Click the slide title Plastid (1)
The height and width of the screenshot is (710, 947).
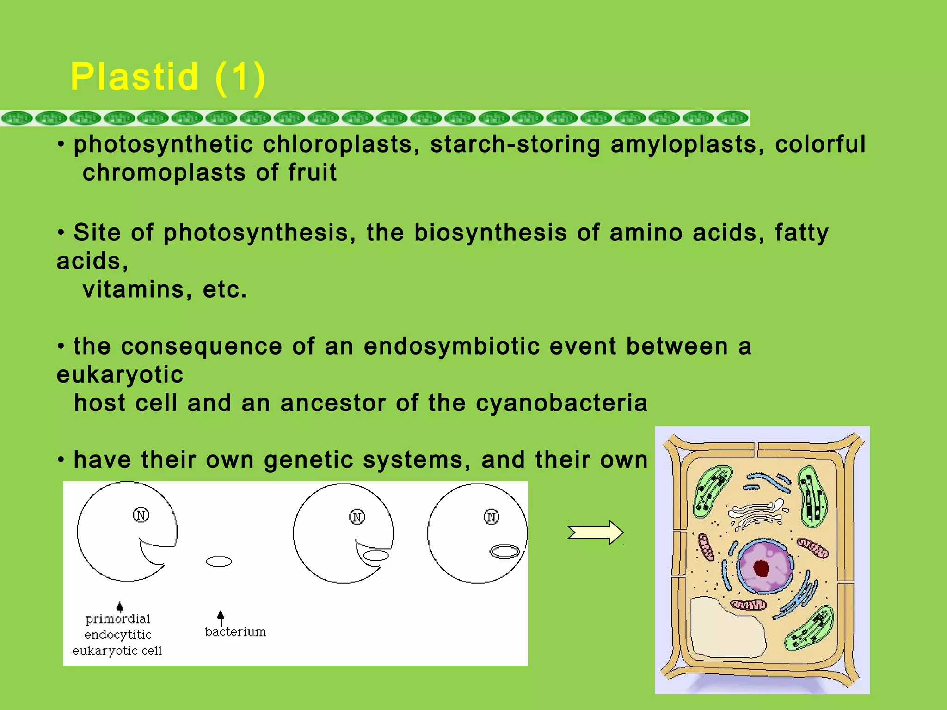[168, 77]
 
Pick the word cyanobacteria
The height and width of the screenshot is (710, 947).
[561, 403]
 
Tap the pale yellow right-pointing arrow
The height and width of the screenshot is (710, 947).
[596, 532]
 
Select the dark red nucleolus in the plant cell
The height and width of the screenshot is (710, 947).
[761, 568]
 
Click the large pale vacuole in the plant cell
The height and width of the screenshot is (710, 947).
[726, 629]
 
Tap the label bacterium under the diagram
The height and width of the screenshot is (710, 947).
[235, 632]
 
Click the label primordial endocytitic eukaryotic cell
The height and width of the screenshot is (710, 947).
[117, 635]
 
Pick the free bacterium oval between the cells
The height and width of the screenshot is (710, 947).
[219, 562]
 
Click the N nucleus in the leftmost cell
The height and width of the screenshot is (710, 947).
[141, 515]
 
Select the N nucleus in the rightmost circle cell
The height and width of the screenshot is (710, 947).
[491, 517]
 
